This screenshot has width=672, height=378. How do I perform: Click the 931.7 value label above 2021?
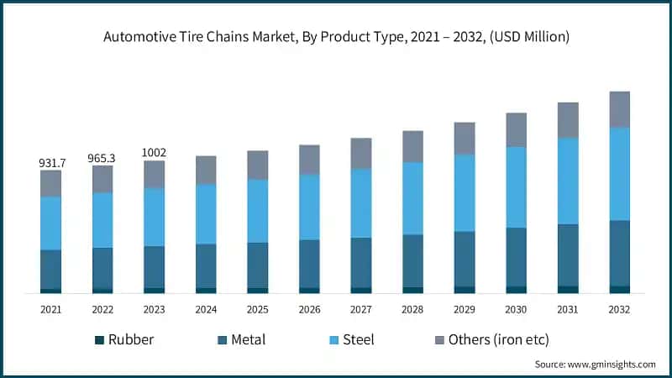(51, 161)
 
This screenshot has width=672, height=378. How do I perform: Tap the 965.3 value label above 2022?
(102, 157)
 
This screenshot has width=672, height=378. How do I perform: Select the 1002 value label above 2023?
(154, 152)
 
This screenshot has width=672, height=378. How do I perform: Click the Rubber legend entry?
(123, 340)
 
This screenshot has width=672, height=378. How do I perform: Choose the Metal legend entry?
(241, 340)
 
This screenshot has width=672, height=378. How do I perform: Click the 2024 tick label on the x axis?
(206, 309)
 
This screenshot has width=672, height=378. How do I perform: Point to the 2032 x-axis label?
(619, 309)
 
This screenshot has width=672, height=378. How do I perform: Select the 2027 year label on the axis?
(361, 309)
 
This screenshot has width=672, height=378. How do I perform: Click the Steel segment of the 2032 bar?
(619, 174)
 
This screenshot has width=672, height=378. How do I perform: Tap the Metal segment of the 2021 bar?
(51, 269)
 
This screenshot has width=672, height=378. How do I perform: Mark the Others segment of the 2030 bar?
(516, 130)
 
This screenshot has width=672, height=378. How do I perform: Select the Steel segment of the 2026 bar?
(309, 207)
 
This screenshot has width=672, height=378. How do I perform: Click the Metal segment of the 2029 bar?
(465, 259)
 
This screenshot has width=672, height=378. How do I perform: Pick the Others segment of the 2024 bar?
(206, 170)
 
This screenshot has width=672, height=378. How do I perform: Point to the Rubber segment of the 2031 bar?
(568, 289)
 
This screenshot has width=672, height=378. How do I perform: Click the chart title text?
(336, 37)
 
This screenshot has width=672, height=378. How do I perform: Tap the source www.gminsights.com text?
(595, 364)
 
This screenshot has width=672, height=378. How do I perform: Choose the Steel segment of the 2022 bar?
(102, 220)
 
